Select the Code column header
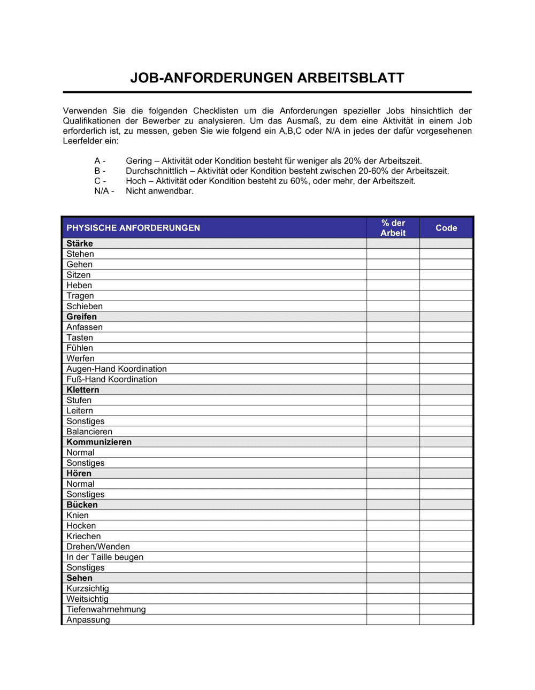pyautogui.click(x=446, y=228)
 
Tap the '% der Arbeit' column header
pyautogui.click(x=393, y=228)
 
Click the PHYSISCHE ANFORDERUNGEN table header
pyautogui.click(x=133, y=228)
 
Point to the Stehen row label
pyautogui.click(x=80, y=254)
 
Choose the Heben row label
pyautogui.click(x=79, y=286)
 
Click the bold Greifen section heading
pyautogui.click(x=81, y=317)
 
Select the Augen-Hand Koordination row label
pyautogui.click(x=117, y=369)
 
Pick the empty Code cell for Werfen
pyautogui.click(x=446, y=358)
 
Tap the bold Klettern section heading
pyautogui.click(x=83, y=390)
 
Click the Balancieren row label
pyautogui.click(x=89, y=432)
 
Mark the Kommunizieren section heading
pyautogui.click(x=99, y=442)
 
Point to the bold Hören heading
pyautogui.click(x=79, y=473)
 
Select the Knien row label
pyautogui.click(x=78, y=515)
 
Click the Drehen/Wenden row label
pyautogui.click(x=98, y=547)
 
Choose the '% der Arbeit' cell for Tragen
pyautogui.click(x=393, y=296)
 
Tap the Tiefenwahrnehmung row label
pyautogui.click(x=106, y=609)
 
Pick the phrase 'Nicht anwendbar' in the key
pyautogui.click(x=159, y=191)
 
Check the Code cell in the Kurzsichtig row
pyautogui.click(x=446, y=588)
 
